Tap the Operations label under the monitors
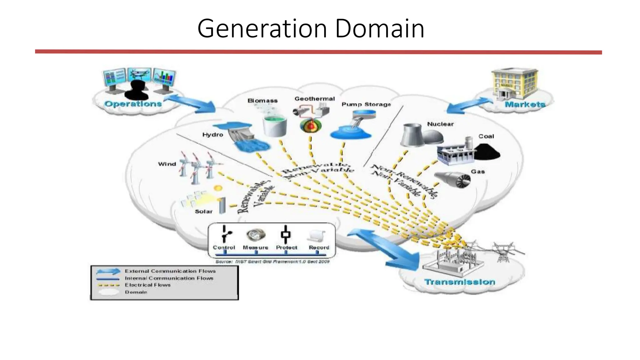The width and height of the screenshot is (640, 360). click(x=133, y=104)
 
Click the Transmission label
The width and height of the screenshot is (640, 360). click(x=459, y=282)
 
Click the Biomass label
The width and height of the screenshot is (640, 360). click(x=262, y=101)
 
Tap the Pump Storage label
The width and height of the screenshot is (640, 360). click(x=366, y=104)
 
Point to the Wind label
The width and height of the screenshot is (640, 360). click(x=167, y=164)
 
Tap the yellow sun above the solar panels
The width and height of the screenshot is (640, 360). click(x=218, y=188)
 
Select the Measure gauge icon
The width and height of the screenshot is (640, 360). click(x=256, y=235)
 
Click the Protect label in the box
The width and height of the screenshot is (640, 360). click(x=286, y=247)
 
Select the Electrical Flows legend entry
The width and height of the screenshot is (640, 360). click(x=147, y=285)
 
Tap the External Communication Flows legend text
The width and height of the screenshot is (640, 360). click(x=170, y=271)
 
